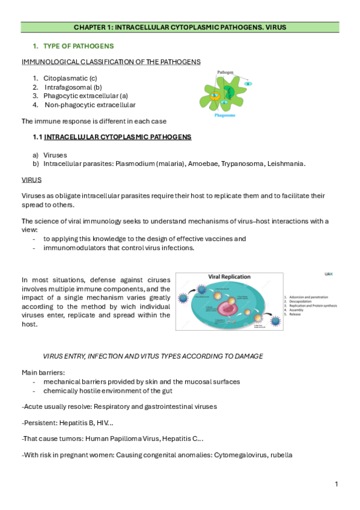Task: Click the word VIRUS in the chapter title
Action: [x=275, y=27]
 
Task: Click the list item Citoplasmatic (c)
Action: [x=70, y=78]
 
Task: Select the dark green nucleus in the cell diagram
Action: [x=229, y=93]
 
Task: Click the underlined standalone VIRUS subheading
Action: [x=31, y=179]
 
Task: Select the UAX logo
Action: [x=328, y=274]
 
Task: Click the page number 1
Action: [x=337, y=484]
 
